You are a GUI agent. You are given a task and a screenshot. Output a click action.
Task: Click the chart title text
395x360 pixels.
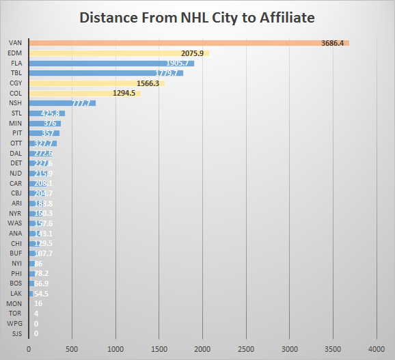coord(197,17)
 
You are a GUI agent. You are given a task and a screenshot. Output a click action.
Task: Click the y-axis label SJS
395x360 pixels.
coord(16,333)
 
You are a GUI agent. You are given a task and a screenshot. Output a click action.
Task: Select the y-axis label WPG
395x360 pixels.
coord(15,322)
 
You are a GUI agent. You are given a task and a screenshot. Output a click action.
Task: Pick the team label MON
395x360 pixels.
coord(14,303)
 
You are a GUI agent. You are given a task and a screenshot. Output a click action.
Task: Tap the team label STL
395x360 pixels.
coord(16,113)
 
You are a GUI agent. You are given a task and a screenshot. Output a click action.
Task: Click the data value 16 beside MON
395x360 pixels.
coord(38,303)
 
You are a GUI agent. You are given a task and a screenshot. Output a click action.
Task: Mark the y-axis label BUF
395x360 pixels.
coord(16,253)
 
